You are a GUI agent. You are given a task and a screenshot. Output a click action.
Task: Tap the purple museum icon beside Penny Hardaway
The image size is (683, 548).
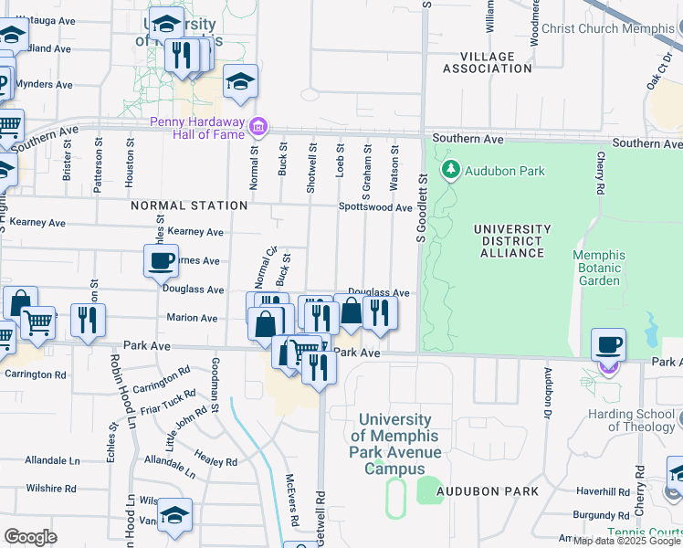(258, 125)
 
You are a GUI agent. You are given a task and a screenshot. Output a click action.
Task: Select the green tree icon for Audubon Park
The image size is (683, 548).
(450, 171)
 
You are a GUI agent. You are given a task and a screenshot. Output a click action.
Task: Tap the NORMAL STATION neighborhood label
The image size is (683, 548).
(177, 205)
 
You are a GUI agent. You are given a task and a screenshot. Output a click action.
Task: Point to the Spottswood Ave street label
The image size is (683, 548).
(375, 207)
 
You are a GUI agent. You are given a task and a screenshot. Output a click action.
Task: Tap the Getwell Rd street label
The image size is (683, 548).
(320, 521)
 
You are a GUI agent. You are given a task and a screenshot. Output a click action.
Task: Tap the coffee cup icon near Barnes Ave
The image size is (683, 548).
(161, 260)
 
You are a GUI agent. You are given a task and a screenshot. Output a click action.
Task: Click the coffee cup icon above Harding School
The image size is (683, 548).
(608, 345)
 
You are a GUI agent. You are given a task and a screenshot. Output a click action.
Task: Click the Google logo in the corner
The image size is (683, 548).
(30, 536)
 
